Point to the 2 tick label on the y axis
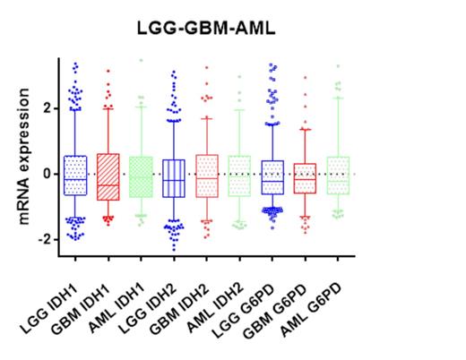pyautogui.click(x=47, y=108)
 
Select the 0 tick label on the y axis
pyautogui.click(x=47, y=174)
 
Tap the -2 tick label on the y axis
pyautogui.click(x=45, y=239)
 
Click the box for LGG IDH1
pyautogui.click(x=75, y=176)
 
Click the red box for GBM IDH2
pyautogui.click(x=207, y=176)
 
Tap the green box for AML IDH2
pyautogui.click(x=239, y=176)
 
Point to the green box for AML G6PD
pyautogui.click(x=339, y=176)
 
